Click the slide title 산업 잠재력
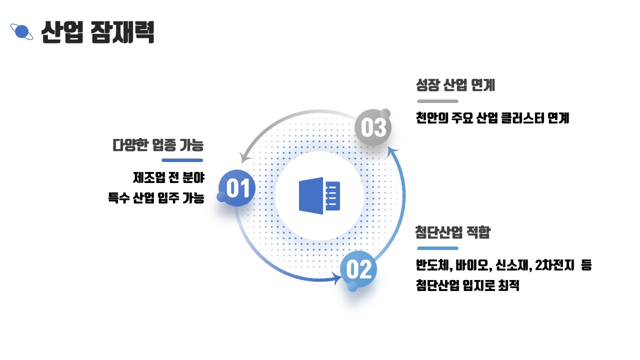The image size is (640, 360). click(98, 32)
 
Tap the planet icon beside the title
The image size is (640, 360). click(21, 32)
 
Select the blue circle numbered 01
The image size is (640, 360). click(237, 188)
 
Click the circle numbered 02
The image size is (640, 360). click(358, 270)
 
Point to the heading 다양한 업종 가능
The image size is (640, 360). click(158, 145)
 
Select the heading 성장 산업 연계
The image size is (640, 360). click(455, 85)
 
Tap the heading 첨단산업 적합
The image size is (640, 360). click(453, 232)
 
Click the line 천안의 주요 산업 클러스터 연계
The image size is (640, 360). click(492, 118)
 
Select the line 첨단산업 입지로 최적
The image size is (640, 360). click(467, 286)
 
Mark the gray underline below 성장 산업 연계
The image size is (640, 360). click(437, 101)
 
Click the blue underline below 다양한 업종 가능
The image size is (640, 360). click(182, 160)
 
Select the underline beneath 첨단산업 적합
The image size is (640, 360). click(437, 248)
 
